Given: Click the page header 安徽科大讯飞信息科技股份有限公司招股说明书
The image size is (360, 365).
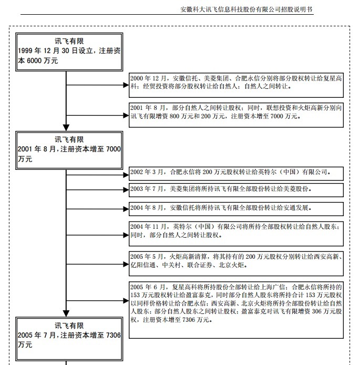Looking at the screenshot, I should (246, 9).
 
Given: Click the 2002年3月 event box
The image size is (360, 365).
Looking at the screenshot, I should (236, 173).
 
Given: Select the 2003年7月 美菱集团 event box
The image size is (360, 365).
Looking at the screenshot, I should (236, 189).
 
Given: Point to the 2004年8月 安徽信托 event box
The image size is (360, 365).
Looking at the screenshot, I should (236, 208).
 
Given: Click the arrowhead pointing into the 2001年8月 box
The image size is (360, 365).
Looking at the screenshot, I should (66, 127).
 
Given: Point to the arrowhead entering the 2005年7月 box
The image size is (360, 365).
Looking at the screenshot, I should (66, 313).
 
